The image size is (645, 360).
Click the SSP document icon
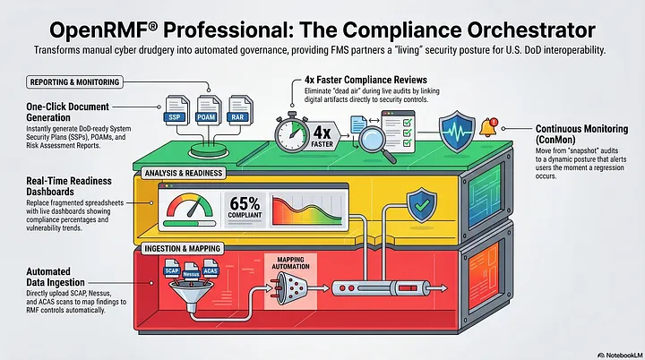[176, 110]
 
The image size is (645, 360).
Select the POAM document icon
[208, 110]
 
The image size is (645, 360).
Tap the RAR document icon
[239, 110]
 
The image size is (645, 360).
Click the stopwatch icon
[292, 132]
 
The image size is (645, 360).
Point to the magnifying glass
[375, 142]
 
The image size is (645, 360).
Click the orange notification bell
[488, 127]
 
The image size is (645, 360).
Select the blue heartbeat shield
[457, 132]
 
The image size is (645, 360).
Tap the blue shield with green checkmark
[422, 205]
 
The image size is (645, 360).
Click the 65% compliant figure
[245, 207]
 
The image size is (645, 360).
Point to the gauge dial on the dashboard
[190, 206]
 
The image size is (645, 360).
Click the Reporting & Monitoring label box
[74, 81]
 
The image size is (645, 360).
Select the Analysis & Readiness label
[184, 173]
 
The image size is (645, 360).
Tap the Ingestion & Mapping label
[182, 248]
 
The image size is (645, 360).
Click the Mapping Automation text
[290, 263]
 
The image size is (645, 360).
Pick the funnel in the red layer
[192, 294]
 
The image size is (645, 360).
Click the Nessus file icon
[192, 271]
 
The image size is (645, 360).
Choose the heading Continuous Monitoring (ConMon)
[581, 134]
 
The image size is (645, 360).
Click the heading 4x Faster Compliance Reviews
[365, 80]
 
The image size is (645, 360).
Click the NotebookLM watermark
[620, 355]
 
